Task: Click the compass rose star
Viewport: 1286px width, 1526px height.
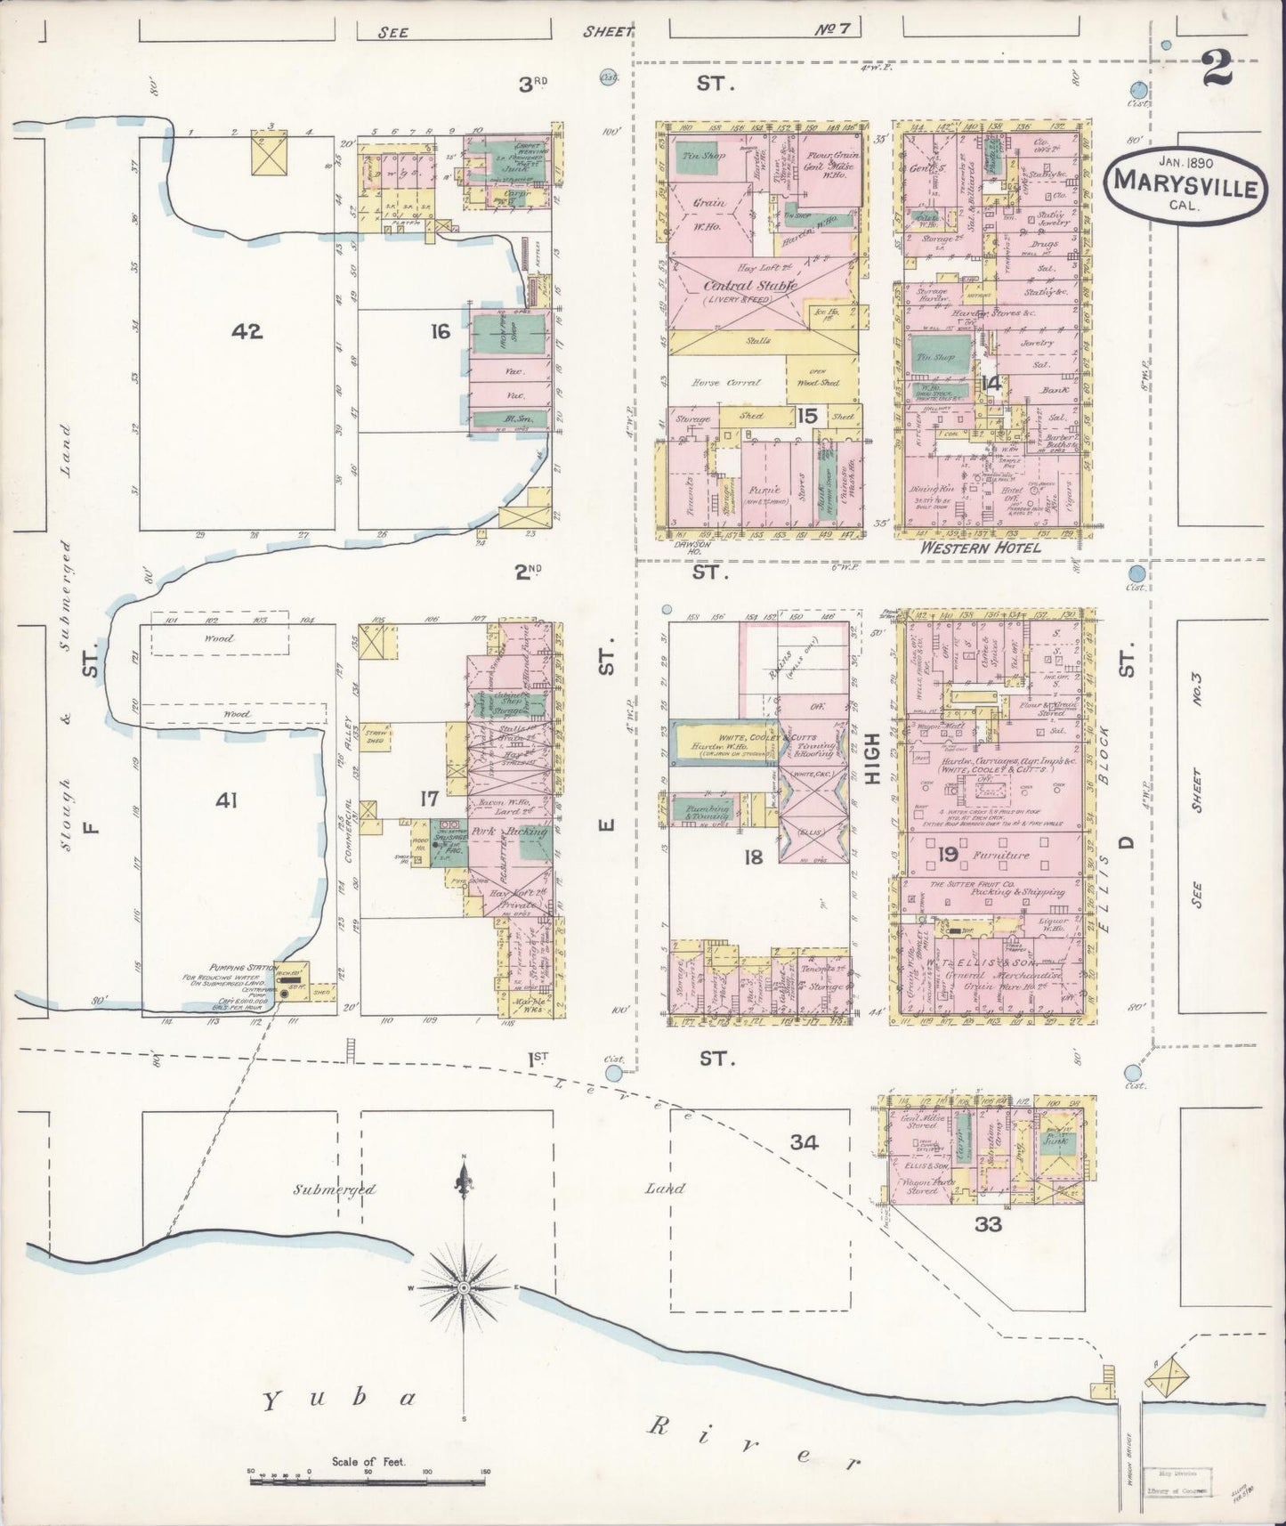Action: (x=464, y=1288)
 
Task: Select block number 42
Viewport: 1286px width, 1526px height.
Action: (x=247, y=331)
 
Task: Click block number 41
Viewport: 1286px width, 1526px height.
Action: (x=226, y=801)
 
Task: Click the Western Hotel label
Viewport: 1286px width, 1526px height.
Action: (x=981, y=548)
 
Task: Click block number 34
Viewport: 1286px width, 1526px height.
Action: (x=808, y=1141)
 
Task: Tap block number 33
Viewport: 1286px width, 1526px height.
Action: (x=988, y=1224)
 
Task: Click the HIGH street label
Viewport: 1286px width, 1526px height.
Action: (x=872, y=758)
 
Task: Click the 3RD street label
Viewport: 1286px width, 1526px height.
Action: (x=534, y=85)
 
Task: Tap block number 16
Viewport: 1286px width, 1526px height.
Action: (x=440, y=332)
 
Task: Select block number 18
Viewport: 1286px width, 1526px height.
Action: (x=754, y=857)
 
